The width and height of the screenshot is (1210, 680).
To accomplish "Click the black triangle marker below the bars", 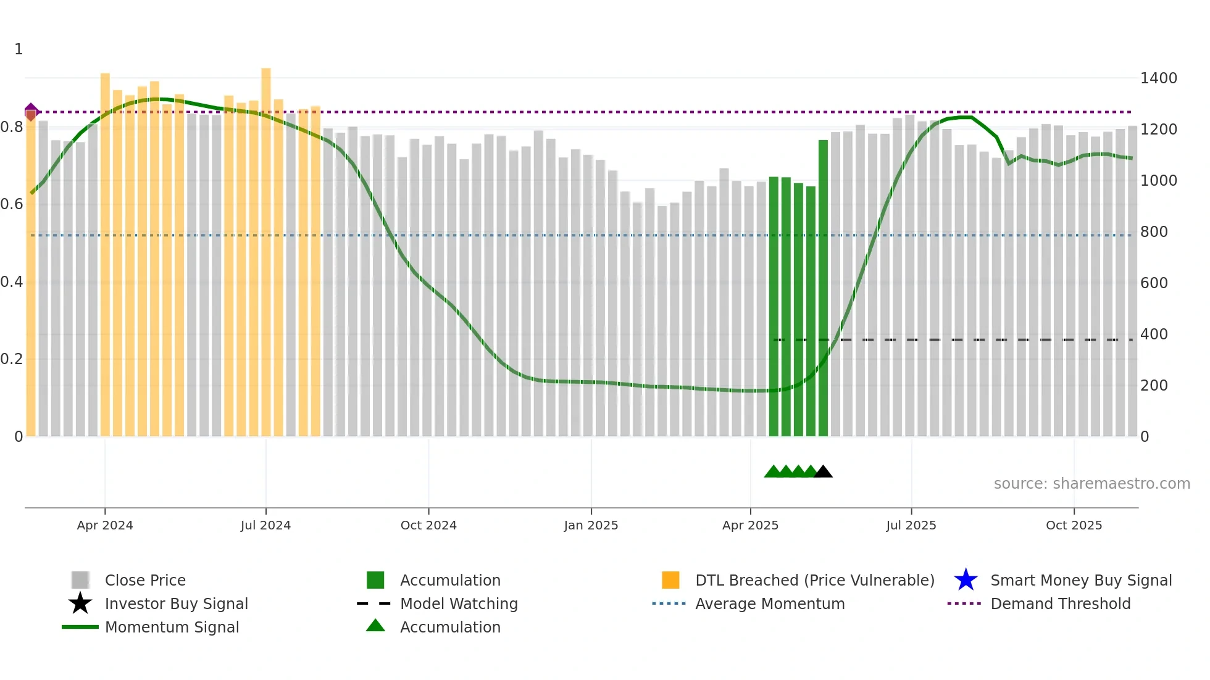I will pyautogui.click(x=823, y=472).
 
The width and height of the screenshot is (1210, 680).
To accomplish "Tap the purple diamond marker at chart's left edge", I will pyautogui.click(x=31, y=110).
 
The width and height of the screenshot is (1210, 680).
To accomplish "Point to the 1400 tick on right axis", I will pyautogui.click(x=1158, y=78).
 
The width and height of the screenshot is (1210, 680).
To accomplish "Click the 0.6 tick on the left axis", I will pyautogui.click(x=11, y=204).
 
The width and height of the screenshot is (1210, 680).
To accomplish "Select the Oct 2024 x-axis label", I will pyautogui.click(x=428, y=525).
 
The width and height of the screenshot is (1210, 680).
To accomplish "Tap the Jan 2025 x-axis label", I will pyautogui.click(x=591, y=525).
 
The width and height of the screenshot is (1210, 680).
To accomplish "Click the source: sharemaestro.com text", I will pyautogui.click(x=1091, y=484).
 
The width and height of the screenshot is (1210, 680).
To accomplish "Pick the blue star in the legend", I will pyautogui.click(x=966, y=580).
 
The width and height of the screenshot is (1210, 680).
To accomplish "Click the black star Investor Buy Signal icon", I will pyautogui.click(x=80, y=603).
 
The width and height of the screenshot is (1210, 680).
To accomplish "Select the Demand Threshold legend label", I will pyautogui.click(x=1060, y=603).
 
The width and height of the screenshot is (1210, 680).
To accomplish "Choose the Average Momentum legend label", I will pyautogui.click(x=769, y=603).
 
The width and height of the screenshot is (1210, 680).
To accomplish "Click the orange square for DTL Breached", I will pyautogui.click(x=670, y=580).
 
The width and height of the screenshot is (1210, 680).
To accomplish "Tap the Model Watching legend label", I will pyautogui.click(x=459, y=603).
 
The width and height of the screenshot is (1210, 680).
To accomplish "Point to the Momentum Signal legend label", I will pyautogui.click(x=172, y=627).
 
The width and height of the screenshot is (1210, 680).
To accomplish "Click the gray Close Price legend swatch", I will pyautogui.click(x=80, y=580).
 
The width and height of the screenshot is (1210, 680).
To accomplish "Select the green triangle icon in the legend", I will pyautogui.click(x=375, y=626).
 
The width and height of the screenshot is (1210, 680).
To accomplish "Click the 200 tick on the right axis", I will pyautogui.click(x=1154, y=386).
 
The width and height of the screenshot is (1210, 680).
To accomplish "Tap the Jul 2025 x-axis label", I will pyautogui.click(x=911, y=525).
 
